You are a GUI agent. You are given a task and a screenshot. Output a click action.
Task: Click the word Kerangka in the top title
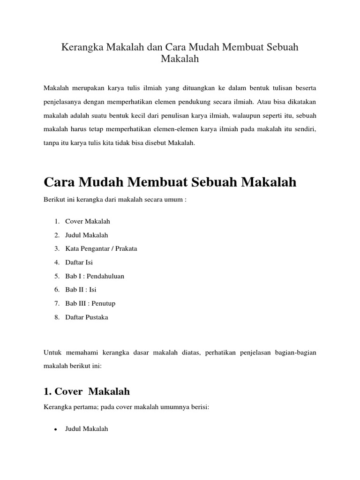click(82, 47)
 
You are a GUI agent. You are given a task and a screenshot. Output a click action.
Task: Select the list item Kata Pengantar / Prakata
click(101, 248)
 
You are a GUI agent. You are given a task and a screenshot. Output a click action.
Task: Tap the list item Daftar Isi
click(79, 262)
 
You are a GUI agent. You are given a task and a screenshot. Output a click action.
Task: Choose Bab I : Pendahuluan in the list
click(95, 276)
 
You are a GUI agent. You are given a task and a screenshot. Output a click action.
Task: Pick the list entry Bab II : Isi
click(81, 290)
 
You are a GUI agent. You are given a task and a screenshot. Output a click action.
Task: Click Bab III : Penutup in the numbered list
click(90, 303)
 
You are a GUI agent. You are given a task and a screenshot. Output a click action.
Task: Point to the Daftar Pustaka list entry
click(87, 317)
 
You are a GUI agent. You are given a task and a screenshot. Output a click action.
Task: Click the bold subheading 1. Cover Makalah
click(87, 391)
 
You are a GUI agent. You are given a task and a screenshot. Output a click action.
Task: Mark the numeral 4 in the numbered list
click(56, 262)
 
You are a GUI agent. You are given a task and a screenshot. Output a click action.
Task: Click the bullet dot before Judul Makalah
click(56, 429)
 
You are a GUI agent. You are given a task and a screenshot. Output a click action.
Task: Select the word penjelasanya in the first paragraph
click(63, 100)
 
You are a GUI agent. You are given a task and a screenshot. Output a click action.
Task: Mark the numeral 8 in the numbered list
click(56, 317)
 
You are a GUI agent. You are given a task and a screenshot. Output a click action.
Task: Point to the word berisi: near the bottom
click(198, 408)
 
